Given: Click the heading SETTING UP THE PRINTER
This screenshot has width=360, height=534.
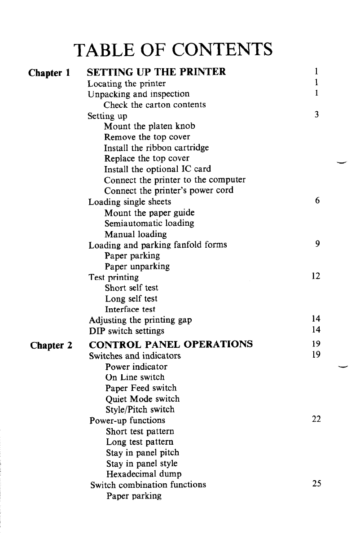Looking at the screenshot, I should coord(156,72).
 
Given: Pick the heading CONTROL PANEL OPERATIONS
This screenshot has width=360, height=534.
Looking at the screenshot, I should coord(171,345).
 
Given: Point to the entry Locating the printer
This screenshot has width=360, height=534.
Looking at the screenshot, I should coord(127,83).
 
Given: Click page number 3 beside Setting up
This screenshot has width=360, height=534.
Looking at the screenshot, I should coord(316,115).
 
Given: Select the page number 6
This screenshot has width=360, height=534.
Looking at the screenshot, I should coord(317,201).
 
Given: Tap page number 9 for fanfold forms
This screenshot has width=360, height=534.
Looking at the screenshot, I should coord(317,245).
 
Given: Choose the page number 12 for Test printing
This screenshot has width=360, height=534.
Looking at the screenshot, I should coord(316,277).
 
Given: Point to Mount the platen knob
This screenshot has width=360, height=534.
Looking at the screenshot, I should coord(149,126).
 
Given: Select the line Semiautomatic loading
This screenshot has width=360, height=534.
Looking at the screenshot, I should coord(149,223).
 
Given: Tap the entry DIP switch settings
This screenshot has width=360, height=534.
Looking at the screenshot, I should coord(127,331).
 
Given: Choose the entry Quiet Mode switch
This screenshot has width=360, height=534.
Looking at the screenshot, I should coord(142,398).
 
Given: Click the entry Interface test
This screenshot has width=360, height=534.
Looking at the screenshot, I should coord(130,309).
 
